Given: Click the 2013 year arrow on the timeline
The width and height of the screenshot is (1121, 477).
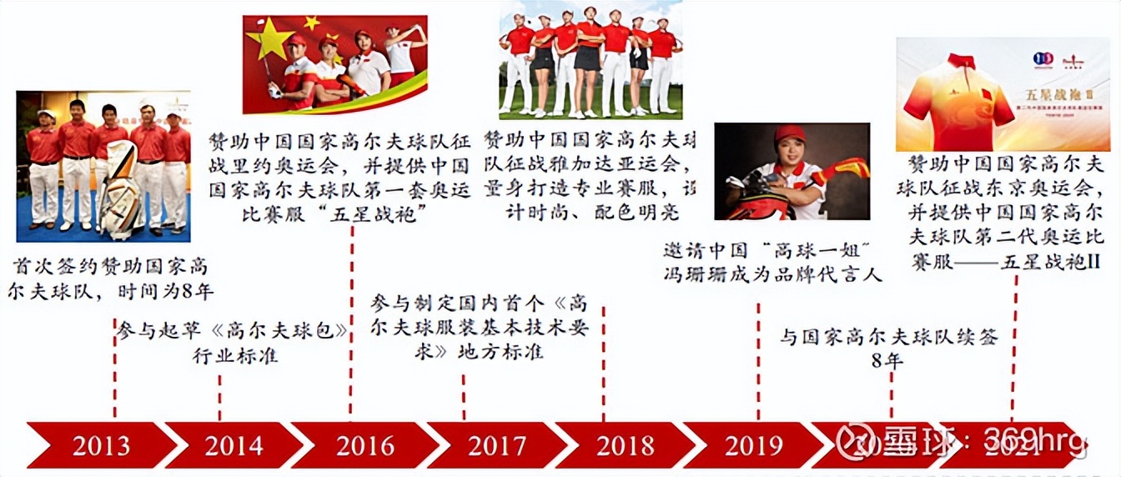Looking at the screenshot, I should (x=100, y=445).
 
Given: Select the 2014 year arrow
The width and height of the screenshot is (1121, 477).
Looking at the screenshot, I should (x=234, y=445).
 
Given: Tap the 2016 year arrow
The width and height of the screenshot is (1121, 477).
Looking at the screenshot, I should (x=364, y=445).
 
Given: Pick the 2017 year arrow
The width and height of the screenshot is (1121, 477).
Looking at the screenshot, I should (x=497, y=445).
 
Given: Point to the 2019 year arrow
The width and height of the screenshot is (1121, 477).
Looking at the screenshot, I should (x=753, y=445).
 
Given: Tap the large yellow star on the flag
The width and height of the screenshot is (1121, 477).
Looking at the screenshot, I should (x=269, y=39).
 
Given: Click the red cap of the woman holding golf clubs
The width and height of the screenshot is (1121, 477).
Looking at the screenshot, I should (x=789, y=134).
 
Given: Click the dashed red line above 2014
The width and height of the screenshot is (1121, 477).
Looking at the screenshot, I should (x=220, y=397).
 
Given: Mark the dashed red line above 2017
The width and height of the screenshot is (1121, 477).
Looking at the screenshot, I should (x=464, y=395).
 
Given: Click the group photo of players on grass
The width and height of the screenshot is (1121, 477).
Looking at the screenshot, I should (x=591, y=60).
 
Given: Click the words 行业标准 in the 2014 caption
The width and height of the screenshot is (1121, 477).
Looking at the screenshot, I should (x=235, y=356).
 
